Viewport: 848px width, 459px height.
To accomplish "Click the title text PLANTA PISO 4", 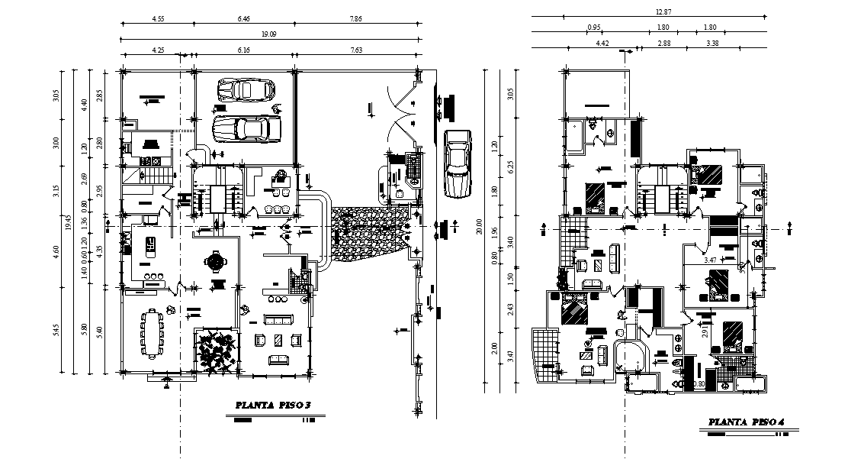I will (x=747, y=422).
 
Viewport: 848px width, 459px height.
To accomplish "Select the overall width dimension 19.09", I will (x=268, y=34).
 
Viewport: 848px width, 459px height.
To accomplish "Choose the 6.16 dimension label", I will (x=244, y=50).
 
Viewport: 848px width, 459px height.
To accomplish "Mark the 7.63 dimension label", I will (x=356, y=50).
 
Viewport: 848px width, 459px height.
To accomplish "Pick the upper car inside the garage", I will (x=246, y=89).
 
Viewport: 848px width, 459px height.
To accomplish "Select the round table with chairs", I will (x=216, y=262).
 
